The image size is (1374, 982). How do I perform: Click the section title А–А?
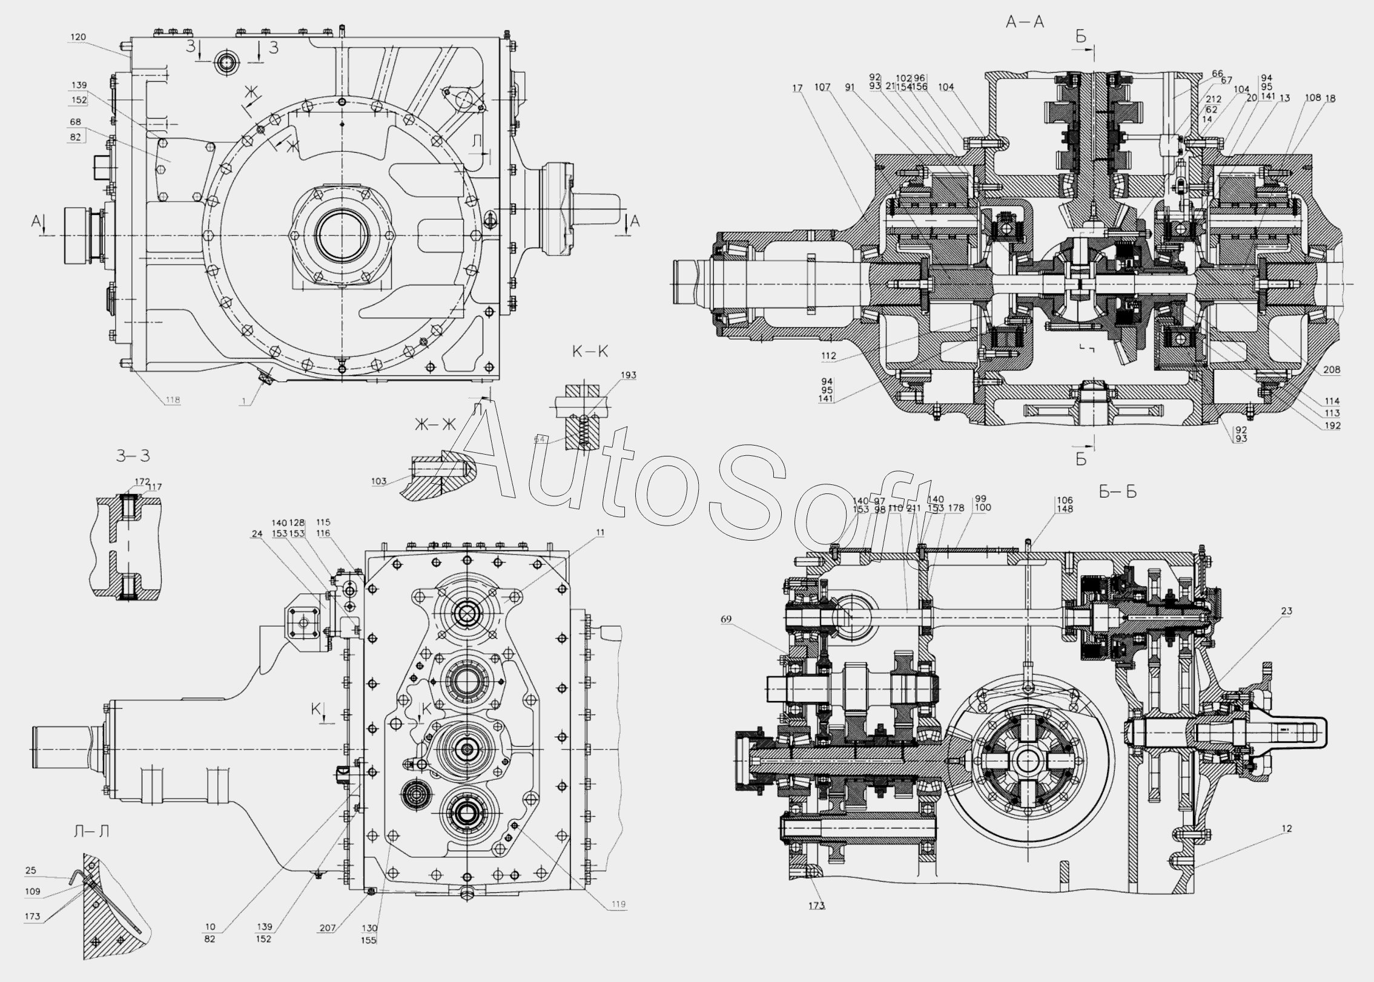point(1025,22)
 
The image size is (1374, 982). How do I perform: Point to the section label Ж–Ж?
point(434,424)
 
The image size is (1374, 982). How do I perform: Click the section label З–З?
point(133,456)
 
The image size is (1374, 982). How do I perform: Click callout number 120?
point(78,37)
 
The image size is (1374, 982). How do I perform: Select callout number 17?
point(797,88)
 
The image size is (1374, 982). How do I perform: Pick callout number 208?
point(1332,370)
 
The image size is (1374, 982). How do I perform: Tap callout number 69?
point(726,619)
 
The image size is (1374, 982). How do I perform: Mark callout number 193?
point(629,375)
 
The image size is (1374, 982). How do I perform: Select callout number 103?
point(378,481)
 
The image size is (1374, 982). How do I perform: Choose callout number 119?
point(618,921)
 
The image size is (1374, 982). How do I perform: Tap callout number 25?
point(31,870)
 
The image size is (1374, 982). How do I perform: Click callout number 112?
point(828,356)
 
